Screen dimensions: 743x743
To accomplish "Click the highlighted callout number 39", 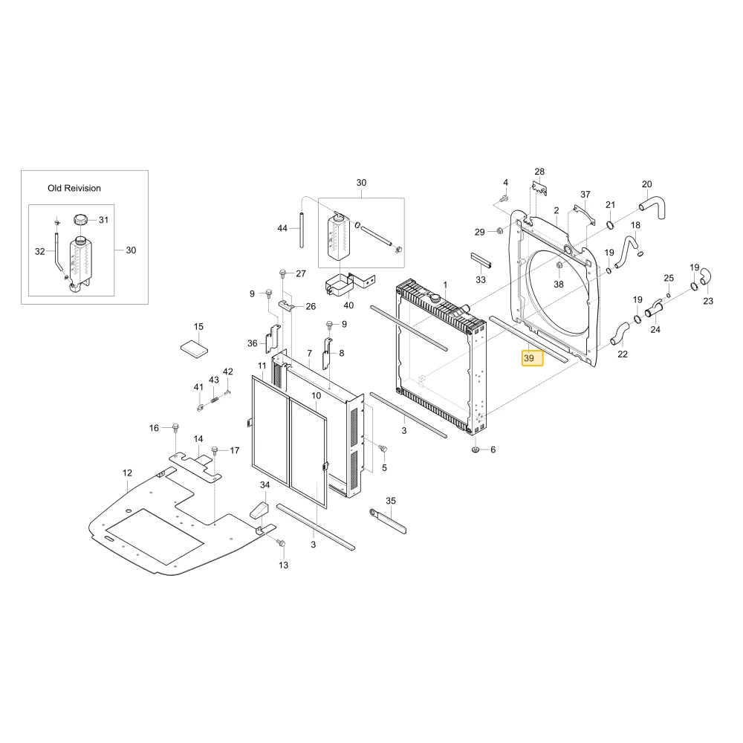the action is point(532,358).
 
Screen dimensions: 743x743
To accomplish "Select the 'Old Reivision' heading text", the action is point(74,188).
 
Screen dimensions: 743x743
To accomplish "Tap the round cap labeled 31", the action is point(80,220).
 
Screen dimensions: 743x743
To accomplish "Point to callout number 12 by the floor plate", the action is point(127,473).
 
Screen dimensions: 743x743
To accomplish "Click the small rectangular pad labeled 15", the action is point(194,349).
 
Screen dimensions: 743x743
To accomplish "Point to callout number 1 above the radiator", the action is point(445,285).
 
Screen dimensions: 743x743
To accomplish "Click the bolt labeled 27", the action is point(283,273).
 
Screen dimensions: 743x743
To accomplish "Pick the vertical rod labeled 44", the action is point(302,230).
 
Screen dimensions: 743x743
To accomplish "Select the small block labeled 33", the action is point(481,260).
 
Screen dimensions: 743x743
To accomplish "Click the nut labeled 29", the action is point(499,231).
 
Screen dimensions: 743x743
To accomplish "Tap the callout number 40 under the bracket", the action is point(348,305).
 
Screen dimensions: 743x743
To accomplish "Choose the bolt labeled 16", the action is point(175,429).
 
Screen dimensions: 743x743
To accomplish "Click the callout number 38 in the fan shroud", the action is point(559,285).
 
